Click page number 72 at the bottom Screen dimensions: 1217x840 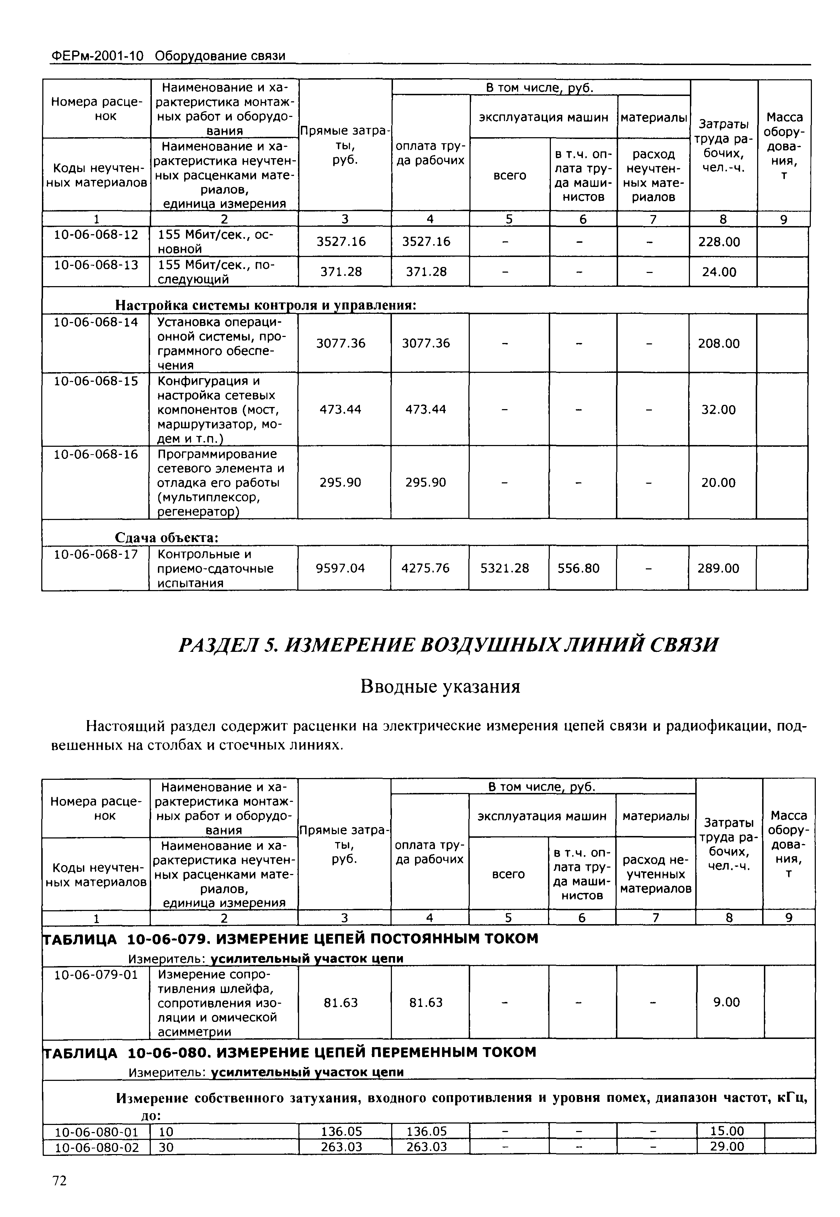click(59, 1181)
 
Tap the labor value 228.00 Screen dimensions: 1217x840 click(719, 242)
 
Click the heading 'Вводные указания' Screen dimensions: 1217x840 click(440, 686)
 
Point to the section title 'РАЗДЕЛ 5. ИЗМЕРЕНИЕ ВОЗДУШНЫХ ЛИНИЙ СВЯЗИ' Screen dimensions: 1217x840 click(448, 645)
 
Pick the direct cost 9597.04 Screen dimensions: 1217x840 click(340, 568)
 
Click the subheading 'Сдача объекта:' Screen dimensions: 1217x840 click(166, 537)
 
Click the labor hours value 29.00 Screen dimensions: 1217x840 click(727, 1147)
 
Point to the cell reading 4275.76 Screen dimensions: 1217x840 click(425, 568)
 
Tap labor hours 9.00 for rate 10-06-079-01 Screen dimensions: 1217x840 click(727, 1002)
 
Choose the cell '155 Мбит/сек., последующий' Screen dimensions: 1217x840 click(216, 272)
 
